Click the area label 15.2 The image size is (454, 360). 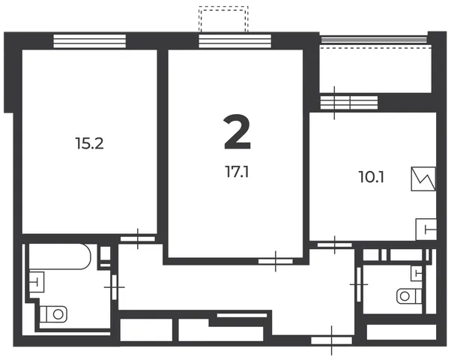click(x=89, y=143)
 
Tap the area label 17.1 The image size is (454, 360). click(x=237, y=172)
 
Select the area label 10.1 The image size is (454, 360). click(x=372, y=177)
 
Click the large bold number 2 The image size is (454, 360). click(x=237, y=132)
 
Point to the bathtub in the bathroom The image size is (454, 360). click(x=60, y=256)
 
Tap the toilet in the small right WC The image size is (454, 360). click(x=409, y=296)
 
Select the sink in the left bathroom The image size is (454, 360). click(x=37, y=282)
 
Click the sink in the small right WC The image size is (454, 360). click(x=417, y=273)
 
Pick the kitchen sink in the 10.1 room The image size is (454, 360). click(x=426, y=229)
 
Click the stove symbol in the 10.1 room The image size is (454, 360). click(x=423, y=178)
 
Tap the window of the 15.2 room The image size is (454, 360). click(x=89, y=40)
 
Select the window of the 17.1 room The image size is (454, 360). click(x=234, y=40)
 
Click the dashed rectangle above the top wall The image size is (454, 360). click(x=223, y=19)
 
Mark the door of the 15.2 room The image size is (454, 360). click(x=138, y=238)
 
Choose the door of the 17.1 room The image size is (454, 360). click(x=276, y=261)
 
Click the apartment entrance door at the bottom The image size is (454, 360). click(x=332, y=340)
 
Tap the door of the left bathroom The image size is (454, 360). click(x=115, y=287)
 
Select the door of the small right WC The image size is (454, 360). click(x=359, y=284)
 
